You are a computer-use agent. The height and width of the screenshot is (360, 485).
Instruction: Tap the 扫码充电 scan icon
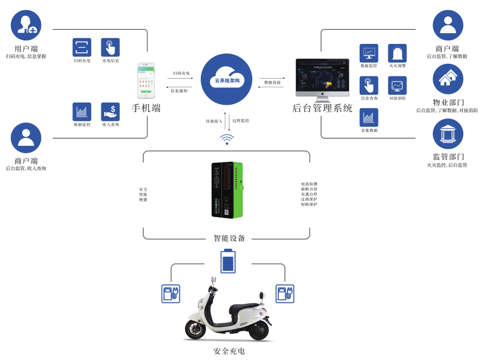click(x=82, y=47)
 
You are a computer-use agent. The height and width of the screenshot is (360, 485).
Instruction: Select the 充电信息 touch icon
click(x=110, y=47)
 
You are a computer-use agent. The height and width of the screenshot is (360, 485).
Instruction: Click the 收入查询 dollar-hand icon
click(x=110, y=112)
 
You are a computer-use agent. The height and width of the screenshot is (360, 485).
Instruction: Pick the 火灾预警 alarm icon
click(x=397, y=54)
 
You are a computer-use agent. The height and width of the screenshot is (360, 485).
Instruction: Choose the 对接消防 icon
click(x=397, y=85)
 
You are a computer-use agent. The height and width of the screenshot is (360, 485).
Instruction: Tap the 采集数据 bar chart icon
click(x=369, y=117)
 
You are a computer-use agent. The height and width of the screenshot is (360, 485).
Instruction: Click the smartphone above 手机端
click(x=146, y=81)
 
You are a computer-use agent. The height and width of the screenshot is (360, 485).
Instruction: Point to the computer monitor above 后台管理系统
click(x=322, y=79)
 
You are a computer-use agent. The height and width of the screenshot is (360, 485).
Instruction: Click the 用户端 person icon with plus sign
click(x=26, y=25)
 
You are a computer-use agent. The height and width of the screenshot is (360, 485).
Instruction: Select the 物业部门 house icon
click(x=448, y=79)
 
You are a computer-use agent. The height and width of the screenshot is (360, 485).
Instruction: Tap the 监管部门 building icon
click(x=448, y=134)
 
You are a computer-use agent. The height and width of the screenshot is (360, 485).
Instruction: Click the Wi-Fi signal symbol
click(x=227, y=138)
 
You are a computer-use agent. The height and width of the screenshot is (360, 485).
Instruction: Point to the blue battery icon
click(x=228, y=261)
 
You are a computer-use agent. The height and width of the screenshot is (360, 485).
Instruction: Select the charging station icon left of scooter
click(x=170, y=293)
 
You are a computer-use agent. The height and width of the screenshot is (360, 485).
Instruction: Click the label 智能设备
click(x=229, y=238)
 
